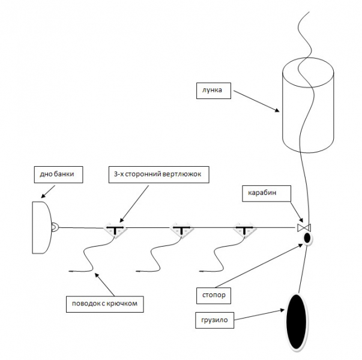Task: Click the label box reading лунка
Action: (213, 91)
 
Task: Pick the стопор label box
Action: (213, 295)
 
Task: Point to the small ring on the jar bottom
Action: (55, 227)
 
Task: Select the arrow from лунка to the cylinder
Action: (255, 100)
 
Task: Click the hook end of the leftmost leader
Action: (72, 271)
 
